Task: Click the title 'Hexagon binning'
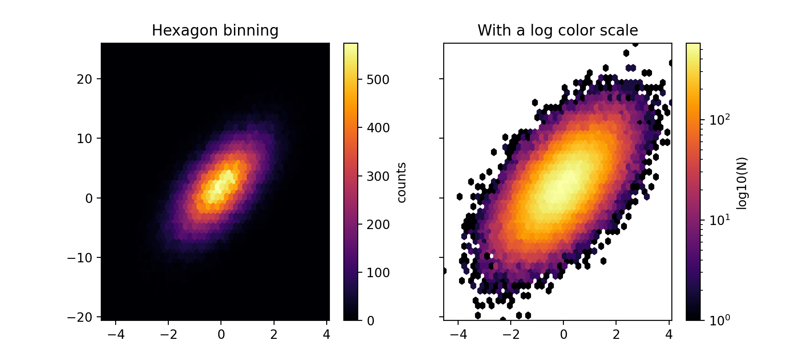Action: [x=215, y=31]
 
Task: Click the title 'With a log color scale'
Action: [x=558, y=31]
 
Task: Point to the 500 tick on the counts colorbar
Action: [x=378, y=80]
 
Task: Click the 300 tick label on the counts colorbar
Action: [x=378, y=176]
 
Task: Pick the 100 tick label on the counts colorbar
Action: [x=378, y=273]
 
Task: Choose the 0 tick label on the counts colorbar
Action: [x=371, y=321]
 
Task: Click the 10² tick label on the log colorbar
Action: [x=720, y=120]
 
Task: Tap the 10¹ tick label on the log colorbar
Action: [x=720, y=220]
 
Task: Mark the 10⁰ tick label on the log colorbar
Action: [x=720, y=320]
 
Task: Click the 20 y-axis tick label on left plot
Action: [x=84, y=79]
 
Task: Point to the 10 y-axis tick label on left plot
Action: [x=84, y=139]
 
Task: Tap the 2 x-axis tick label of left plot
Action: [x=274, y=335]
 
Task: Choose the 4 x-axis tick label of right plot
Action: [x=669, y=335]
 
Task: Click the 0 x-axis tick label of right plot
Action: [x=563, y=335]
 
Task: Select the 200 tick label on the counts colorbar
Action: [x=378, y=225]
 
